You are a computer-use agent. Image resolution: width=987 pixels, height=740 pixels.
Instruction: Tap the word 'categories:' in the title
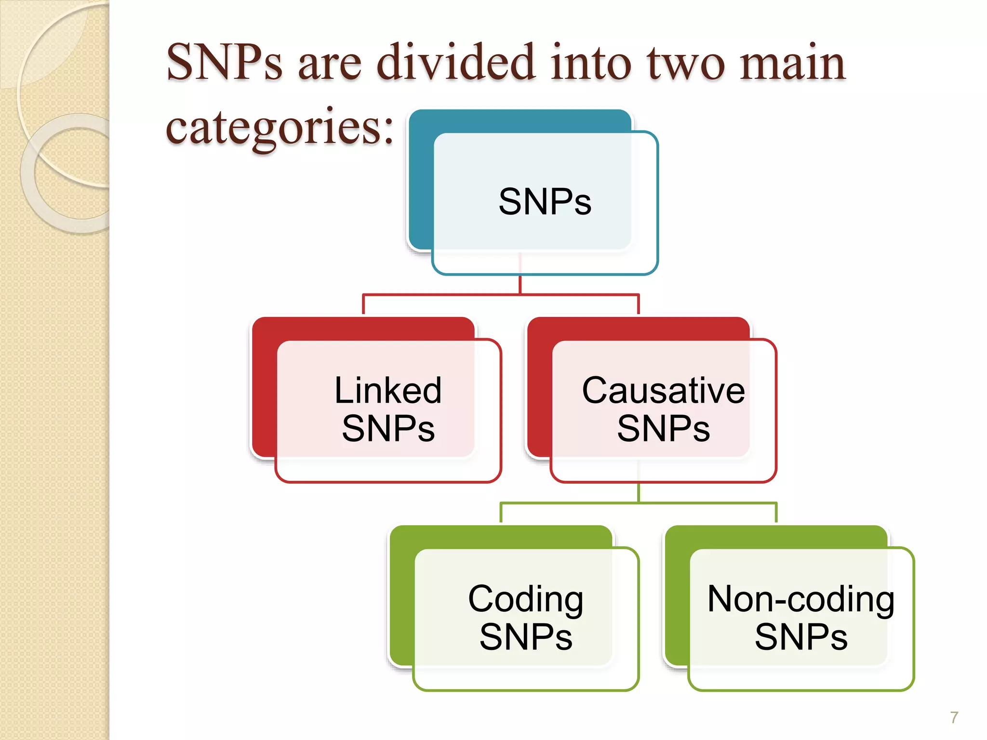280,126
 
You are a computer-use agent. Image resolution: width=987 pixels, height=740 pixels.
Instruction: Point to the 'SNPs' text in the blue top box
545,201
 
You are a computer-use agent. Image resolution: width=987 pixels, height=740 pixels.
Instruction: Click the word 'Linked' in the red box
388,390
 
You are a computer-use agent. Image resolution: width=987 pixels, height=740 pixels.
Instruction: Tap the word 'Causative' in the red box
663,390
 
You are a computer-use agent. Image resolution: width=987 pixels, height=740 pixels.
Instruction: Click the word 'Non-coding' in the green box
800,599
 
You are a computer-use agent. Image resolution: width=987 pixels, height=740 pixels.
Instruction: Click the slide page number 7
954,717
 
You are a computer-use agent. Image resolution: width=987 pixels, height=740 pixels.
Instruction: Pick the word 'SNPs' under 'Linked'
388,428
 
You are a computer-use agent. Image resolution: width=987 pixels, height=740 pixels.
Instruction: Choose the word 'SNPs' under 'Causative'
663,428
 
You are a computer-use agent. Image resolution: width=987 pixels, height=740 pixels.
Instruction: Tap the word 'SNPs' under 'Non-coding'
800,637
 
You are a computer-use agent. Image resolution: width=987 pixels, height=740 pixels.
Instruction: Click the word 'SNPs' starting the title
224,63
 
